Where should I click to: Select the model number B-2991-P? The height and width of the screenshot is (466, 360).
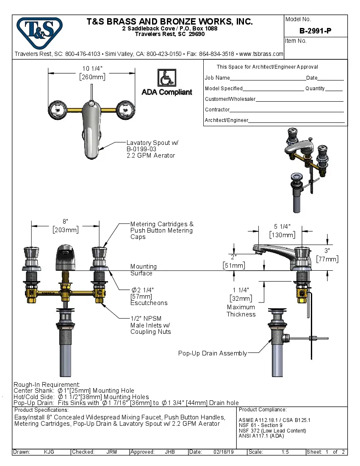316,31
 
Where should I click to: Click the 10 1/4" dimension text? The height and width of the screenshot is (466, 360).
92,69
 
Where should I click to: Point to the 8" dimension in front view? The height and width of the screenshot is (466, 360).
65,222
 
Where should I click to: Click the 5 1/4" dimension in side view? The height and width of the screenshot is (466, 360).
282,227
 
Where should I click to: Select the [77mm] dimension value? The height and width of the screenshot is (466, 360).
327,259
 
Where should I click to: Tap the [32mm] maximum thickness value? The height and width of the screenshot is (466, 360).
241,298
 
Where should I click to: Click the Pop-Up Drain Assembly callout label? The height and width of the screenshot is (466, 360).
212,353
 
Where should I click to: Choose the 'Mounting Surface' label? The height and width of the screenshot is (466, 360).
143,270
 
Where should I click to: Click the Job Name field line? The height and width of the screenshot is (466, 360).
267,78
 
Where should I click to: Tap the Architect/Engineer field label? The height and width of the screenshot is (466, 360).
227,120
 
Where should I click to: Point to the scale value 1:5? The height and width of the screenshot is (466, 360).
285,452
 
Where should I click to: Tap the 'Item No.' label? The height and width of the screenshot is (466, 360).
296,41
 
